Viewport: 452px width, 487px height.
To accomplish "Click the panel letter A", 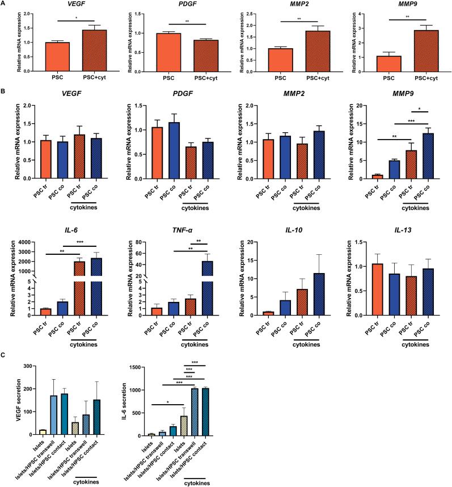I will pos(4,4).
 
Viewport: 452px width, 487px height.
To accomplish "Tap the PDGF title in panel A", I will pos(185,5).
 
